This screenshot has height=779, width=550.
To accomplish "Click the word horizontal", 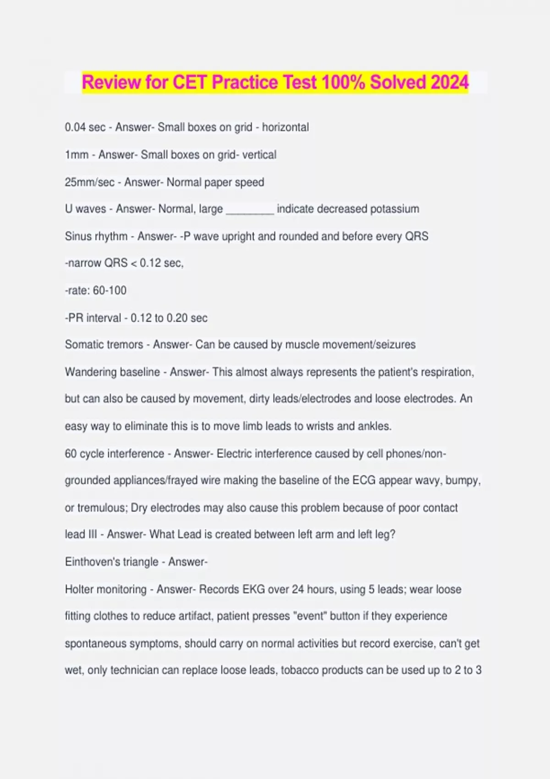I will click(x=285, y=127).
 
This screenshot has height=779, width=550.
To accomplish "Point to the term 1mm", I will click(x=77, y=155).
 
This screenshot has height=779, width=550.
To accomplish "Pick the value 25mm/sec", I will click(x=89, y=182).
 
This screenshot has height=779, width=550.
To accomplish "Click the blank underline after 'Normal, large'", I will click(x=250, y=210).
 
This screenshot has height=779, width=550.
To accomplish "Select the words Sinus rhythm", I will click(x=96, y=236).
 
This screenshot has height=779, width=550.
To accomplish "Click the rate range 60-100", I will click(x=110, y=291).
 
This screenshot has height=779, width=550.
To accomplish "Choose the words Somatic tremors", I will click(x=104, y=345).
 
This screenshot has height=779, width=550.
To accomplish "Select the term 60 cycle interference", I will click(x=115, y=454).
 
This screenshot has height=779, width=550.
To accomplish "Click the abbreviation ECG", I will click(x=364, y=481).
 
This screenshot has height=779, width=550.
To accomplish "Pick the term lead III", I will click(x=81, y=534).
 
